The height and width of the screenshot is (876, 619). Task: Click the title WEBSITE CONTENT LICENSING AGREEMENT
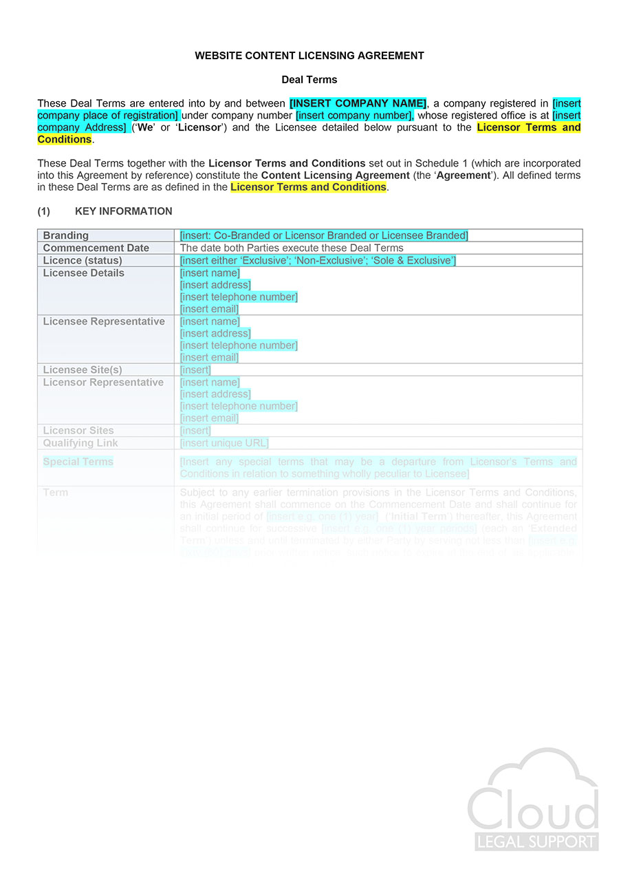point(309,56)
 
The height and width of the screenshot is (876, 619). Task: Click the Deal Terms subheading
point(309,80)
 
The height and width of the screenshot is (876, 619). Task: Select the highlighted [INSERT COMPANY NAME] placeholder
point(358,103)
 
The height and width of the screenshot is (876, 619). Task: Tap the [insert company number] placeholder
point(354,116)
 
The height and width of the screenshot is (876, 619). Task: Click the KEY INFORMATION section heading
point(123,211)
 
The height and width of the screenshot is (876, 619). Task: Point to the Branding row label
point(66,235)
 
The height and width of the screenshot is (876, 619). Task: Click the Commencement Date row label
point(96,248)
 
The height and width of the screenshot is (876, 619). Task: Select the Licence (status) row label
point(83,260)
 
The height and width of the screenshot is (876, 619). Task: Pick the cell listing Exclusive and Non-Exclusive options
point(318,260)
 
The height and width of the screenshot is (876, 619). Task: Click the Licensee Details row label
point(84,273)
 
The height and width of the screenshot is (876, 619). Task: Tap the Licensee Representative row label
point(104,321)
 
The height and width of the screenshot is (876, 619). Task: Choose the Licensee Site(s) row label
point(83,370)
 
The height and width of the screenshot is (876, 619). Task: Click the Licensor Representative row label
point(103,383)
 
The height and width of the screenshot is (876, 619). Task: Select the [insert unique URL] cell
point(224,443)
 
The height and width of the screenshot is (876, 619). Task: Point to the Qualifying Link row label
point(80,443)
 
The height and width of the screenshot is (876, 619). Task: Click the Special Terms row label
point(78,462)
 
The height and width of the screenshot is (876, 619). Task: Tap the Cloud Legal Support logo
point(534,802)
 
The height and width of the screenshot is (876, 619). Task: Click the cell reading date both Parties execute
point(292,248)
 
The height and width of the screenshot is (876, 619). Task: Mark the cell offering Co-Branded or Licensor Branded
point(324,235)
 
